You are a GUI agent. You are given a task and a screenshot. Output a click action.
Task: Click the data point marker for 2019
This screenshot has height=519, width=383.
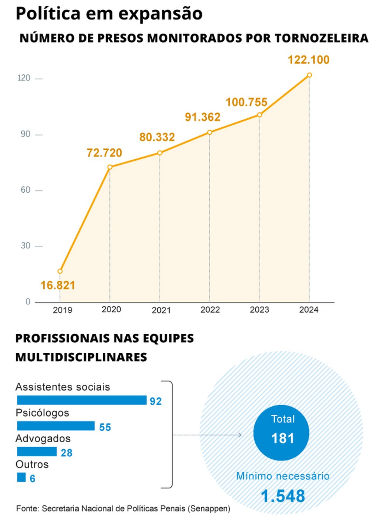coord(60,271)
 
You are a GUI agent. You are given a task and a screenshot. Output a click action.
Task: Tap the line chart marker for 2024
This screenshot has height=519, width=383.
coord(309,75)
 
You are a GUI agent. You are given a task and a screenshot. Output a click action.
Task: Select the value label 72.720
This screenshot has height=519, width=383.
coord(104,153)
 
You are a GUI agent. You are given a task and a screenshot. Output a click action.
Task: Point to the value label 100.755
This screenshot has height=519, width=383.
coord(246,102)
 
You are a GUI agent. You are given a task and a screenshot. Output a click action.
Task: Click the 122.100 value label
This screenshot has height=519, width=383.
coord(308,60)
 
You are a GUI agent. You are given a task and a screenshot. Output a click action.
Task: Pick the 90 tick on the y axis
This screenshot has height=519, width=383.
coord(26,134)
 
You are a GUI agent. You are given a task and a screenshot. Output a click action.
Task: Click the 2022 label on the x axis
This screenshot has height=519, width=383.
coord(210,310)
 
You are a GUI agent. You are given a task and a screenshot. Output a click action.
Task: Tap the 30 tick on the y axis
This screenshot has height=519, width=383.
coord(26,246)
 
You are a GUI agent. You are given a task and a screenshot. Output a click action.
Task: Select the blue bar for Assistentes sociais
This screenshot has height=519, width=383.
coord(82,400)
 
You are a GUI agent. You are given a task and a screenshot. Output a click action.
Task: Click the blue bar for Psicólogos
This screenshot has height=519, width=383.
coord(56,426)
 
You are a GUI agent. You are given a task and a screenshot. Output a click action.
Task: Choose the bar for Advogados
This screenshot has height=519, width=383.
coord(37,452)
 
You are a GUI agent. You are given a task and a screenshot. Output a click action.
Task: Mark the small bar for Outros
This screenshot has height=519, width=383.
coord(21,477)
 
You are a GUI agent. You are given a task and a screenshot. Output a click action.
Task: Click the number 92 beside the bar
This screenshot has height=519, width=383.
coord(156,401)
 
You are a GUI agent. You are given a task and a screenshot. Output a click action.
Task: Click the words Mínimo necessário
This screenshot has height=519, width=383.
coord(283,476)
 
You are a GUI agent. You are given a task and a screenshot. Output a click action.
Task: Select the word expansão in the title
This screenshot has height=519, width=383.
coord(160,14)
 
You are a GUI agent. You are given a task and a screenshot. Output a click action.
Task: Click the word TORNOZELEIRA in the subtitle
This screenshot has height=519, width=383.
coord(321,38)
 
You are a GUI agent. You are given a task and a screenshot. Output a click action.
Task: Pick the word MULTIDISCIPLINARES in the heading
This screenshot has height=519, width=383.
coord(81,357)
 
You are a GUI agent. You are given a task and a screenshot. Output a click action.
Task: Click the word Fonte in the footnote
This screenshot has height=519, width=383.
coord(27,509)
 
